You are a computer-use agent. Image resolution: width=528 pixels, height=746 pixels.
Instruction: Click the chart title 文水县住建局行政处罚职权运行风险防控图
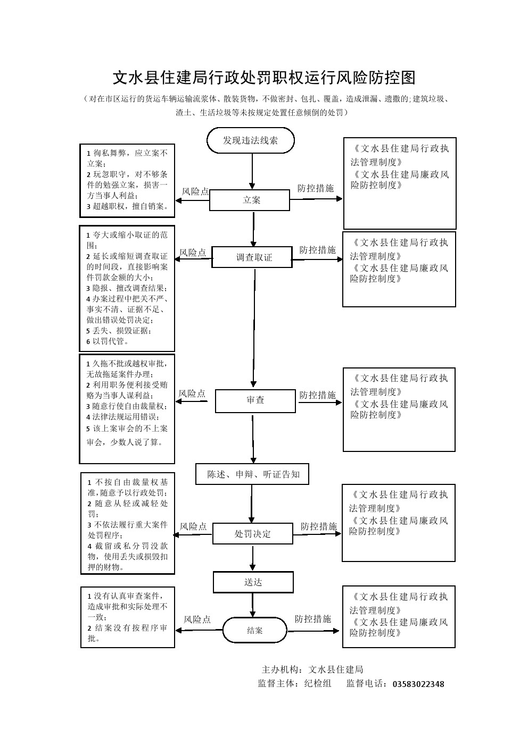point(263,78)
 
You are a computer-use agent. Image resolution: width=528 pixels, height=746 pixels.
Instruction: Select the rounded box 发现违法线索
point(250,140)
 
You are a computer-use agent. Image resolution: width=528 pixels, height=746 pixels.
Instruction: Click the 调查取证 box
point(252,257)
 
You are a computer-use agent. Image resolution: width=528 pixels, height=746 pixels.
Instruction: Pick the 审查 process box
point(255,400)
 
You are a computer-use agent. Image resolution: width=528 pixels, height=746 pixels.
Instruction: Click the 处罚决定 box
point(252,533)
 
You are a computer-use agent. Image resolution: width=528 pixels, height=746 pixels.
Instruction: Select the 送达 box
point(253,582)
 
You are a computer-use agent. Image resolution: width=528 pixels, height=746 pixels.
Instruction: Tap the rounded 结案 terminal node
point(254,630)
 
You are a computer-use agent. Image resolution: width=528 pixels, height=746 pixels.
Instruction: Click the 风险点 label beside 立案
point(195,191)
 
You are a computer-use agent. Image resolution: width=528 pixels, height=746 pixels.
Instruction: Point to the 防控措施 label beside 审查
point(318,395)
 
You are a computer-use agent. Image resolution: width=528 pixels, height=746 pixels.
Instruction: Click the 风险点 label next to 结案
point(197,619)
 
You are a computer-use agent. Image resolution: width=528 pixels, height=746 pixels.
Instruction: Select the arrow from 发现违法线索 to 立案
point(252,171)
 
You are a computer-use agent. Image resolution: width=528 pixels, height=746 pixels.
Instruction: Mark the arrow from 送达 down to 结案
point(253,605)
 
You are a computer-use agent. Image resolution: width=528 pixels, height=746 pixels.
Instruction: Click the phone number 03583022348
point(418,684)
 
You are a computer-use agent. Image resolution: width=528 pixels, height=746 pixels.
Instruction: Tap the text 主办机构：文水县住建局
point(312,669)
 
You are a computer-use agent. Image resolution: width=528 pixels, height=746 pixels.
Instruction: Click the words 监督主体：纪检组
point(294,684)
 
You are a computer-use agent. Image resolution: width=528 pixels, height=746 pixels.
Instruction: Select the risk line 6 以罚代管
point(108,341)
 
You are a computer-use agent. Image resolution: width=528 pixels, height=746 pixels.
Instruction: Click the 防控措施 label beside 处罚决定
point(319,526)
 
